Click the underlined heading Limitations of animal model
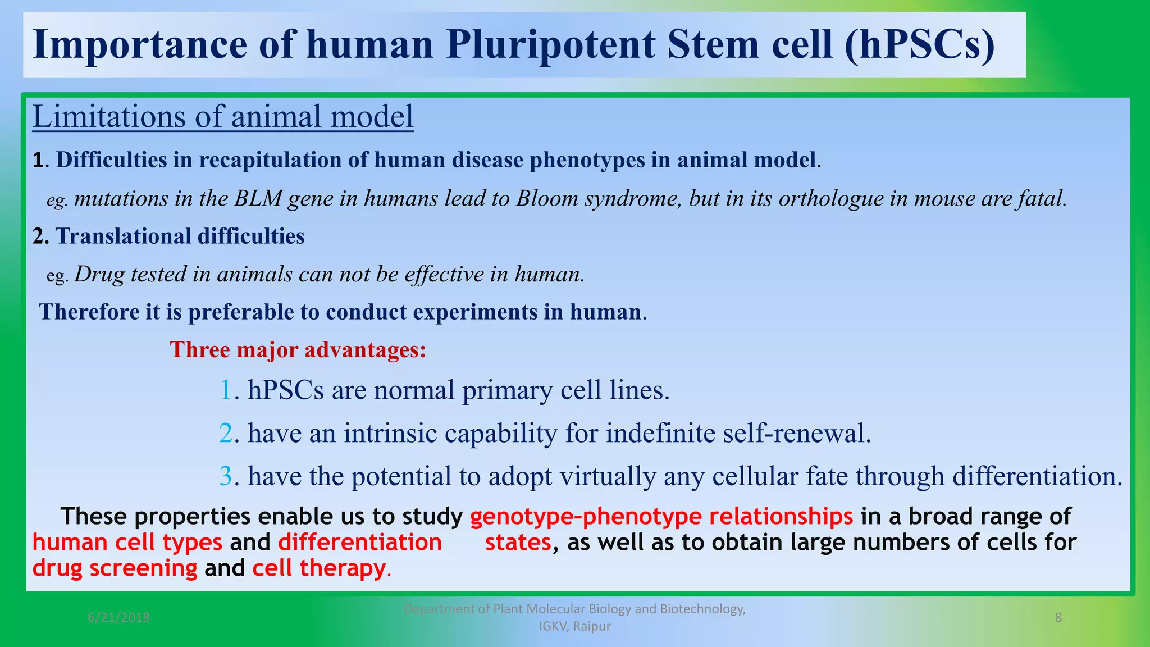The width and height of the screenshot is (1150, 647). coord(223,117)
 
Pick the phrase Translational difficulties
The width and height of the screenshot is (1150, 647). coord(180,236)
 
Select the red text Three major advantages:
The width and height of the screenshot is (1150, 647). coord(298,350)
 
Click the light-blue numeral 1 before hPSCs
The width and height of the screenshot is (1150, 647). coord(226,390)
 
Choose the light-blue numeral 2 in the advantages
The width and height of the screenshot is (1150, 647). coord(226,434)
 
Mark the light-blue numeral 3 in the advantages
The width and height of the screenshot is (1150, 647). coord(226,477)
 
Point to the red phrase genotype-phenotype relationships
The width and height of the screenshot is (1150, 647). coord(661,516)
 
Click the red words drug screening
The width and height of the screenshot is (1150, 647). coord(115,568)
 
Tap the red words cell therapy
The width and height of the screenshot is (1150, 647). coord(318,568)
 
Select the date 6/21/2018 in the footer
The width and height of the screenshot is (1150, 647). coord(118,618)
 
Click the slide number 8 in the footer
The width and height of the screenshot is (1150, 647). coord(1058,618)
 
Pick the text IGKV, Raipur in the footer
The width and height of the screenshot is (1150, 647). coord(574,626)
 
